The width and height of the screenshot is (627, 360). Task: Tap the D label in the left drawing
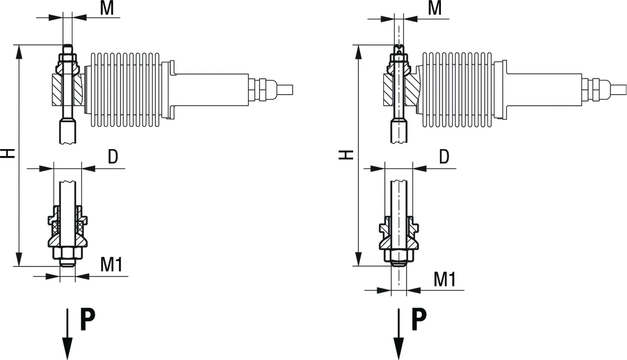pyautogui.click(x=113, y=157)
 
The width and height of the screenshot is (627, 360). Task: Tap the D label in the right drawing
pyautogui.click(x=444, y=157)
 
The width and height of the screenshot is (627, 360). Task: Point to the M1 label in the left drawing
pyautogui.click(x=111, y=264)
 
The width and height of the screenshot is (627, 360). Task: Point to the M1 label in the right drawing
pyautogui.click(x=445, y=279)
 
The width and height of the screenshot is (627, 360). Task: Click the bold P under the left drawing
pyautogui.click(x=88, y=319)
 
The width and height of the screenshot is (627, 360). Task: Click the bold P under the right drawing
pyautogui.click(x=419, y=319)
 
